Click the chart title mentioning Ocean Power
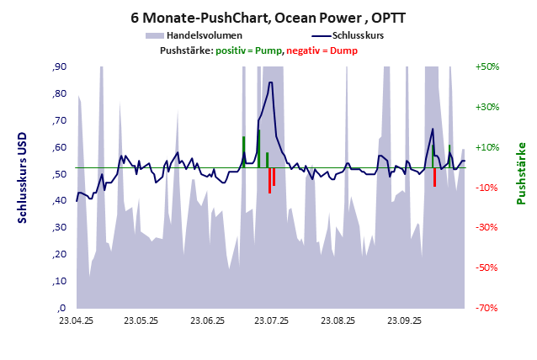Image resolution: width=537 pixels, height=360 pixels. point(268,17)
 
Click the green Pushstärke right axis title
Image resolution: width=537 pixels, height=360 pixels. point(520,172)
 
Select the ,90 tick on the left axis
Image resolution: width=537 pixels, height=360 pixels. point(60,67)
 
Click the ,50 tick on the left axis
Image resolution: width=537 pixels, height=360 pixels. point(60,174)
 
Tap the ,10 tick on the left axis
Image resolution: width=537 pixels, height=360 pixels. point(60,281)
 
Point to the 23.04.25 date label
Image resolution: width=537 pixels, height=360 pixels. point(76,320)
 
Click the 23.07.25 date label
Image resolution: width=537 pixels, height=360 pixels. point(272,320)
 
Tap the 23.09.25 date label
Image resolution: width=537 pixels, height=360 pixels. point(403,320)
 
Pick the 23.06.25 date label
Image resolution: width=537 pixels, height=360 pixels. point(207,320)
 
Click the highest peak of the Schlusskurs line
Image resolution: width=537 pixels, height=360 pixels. point(270,82)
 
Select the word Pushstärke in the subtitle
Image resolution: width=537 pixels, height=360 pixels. point(185,50)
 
